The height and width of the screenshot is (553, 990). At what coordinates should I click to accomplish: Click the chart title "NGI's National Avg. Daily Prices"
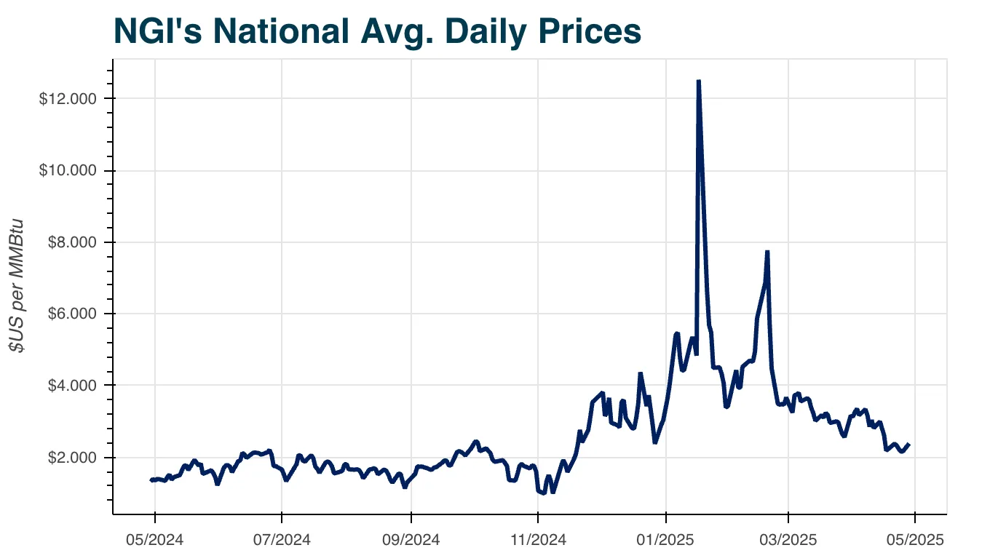coord(377,31)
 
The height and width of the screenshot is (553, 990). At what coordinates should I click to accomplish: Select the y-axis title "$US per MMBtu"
coord(17,286)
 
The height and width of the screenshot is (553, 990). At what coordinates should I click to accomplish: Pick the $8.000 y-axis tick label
coord(71,242)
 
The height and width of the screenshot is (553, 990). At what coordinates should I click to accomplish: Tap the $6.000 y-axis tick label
coord(71,314)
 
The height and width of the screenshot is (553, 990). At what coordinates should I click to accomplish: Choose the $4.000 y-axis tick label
coord(71,386)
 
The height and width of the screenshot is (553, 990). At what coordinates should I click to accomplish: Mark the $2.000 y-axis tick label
coord(71,458)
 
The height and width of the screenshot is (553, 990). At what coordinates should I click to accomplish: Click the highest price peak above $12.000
coord(699,81)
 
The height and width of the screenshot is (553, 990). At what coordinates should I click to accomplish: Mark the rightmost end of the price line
coord(908,444)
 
